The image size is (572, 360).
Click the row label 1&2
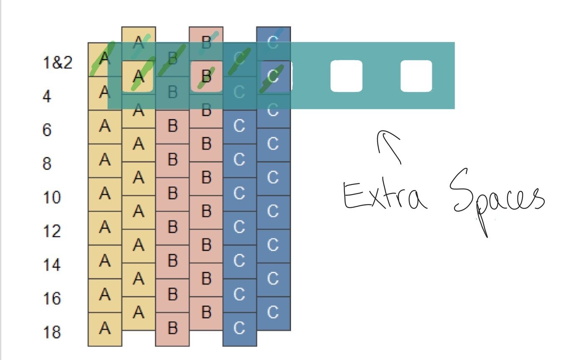click(x=58, y=63)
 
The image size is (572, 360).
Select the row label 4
click(x=47, y=97)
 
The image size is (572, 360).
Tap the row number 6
click(x=47, y=130)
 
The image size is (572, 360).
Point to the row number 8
click(x=47, y=164)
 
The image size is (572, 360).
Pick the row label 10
click(x=52, y=197)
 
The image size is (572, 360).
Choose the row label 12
click(x=52, y=231)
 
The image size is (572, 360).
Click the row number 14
click(x=52, y=265)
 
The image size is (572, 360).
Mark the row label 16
click(x=52, y=299)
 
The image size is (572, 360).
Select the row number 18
click(x=52, y=332)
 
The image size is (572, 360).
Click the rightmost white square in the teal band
click(x=416, y=76)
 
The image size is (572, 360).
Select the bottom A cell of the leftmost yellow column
click(x=105, y=329)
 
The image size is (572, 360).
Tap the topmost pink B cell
click(x=206, y=41)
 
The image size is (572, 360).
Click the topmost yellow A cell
click(x=139, y=41)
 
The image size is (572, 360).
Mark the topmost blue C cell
click(x=273, y=41)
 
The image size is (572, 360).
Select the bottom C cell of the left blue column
click(x=239, y=329)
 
